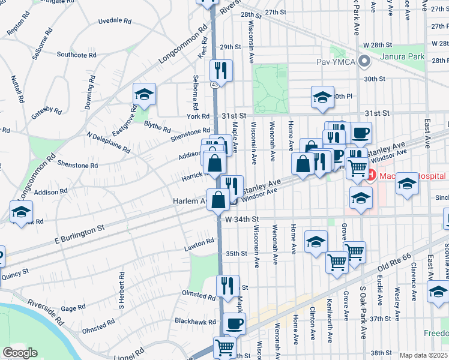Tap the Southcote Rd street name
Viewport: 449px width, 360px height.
(77, 55)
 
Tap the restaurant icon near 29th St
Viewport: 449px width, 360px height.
(221, 70)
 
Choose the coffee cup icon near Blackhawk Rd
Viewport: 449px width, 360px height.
(234, 324)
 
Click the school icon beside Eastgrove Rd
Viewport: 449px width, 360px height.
(144, 94)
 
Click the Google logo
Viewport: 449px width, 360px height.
(20, 353)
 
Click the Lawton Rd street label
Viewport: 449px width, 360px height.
(199, 243)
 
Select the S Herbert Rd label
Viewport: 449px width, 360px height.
(121, 287)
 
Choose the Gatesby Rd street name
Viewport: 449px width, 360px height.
(48, 110)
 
